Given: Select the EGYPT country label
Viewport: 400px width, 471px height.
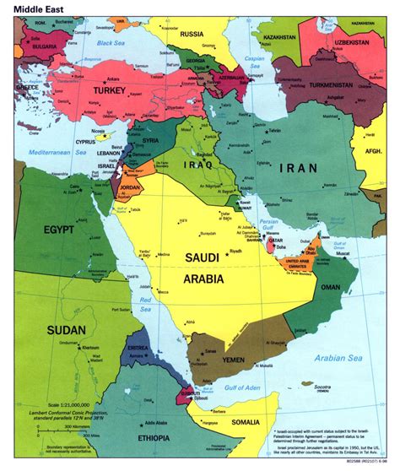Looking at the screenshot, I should [53, 229].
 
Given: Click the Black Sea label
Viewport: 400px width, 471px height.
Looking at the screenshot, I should [110, 42].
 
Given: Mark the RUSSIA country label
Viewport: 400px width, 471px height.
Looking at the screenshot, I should [192, 35].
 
